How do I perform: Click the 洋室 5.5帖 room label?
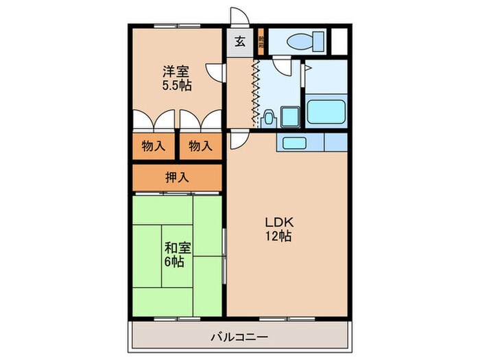pyautogui.click(x=177, y=78)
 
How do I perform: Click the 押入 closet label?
pyautogui.click(x=177, y=178)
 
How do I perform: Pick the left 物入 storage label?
pyautogui.click(x=154, y=145)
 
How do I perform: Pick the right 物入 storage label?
pyautogui.click(x=200, y=145)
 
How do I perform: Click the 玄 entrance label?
pyautogui.click(x=240, y=41)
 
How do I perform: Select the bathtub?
pyautogui.click(x=326, y=112)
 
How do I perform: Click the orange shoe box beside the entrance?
pyautogui.click(x=261, y=41)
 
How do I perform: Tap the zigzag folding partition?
pyautogui.click(x=256, y=93)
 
